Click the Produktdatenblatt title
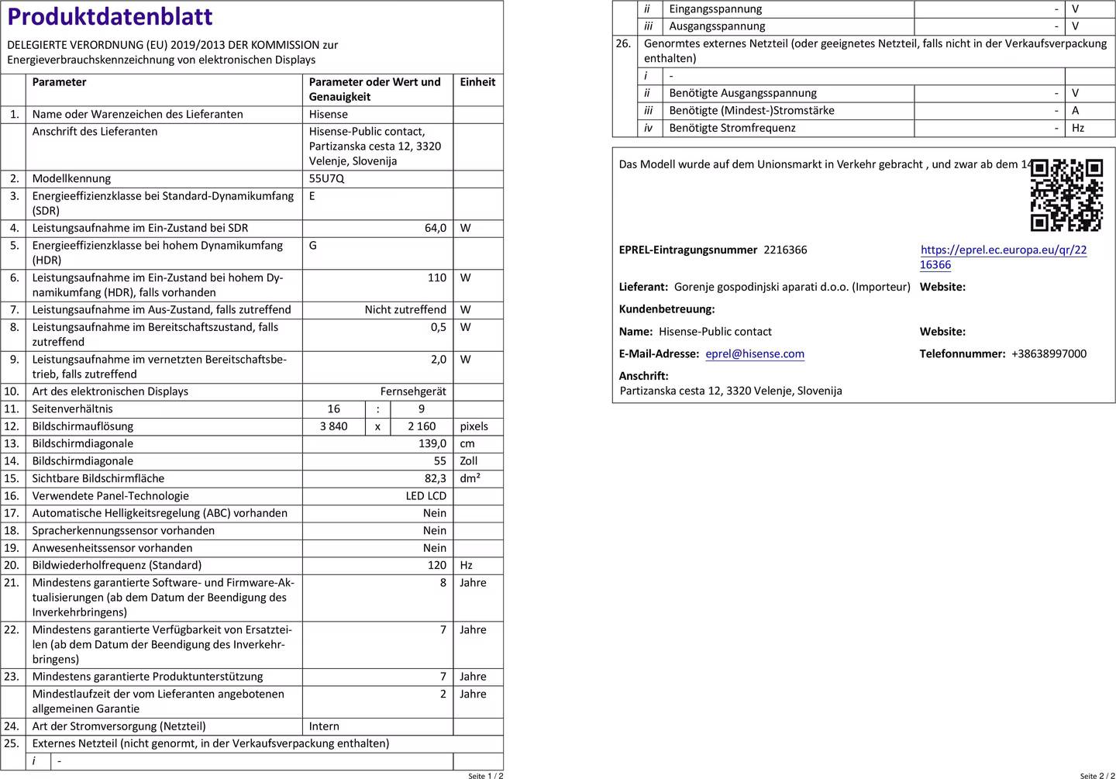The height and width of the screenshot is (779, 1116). coord(110,17)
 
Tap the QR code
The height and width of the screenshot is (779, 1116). coord(1066,195)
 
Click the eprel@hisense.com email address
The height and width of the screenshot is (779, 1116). coord(755,354)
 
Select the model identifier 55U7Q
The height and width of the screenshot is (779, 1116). coord(326,179)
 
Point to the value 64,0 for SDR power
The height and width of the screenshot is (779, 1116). coord(435,229)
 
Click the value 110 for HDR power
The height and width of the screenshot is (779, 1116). coord(437,278)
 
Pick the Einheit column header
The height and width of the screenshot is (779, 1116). coord(477,82)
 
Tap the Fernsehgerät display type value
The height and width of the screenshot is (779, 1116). coord(413,392)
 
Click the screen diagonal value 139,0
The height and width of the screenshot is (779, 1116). coord(432,444)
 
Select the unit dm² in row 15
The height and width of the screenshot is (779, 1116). coord(470,479)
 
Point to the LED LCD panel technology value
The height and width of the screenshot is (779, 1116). coord(425,496)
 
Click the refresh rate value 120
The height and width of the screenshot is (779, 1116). coord(437,566)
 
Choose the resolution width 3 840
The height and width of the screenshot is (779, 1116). coord(334,427)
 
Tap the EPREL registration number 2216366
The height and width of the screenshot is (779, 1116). coord(785,250)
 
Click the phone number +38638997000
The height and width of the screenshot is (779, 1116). coord(1049,354)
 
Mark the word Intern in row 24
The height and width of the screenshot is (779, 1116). coord(324,727)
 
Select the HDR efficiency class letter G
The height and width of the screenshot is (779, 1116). coord(313,246)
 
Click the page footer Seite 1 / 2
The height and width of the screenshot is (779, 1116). coord(485,775)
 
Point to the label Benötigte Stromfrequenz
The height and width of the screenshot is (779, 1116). coord(732,129)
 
